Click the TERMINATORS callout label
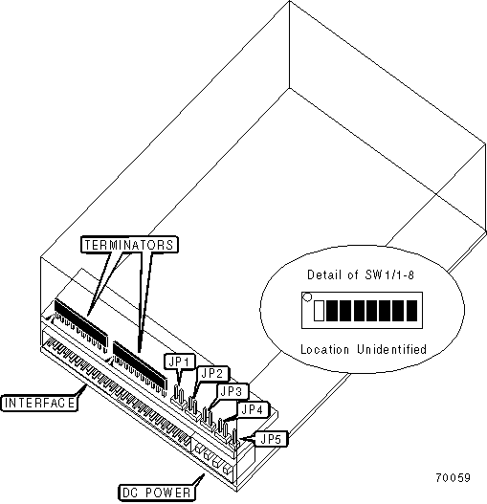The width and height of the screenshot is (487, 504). pos(129,245)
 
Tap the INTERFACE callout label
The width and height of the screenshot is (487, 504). pos(39,403)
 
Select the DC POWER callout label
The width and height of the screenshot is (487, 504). pos(157,493)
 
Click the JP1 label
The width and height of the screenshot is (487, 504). pos(180,362)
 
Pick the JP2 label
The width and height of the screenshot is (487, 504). pos(212,374)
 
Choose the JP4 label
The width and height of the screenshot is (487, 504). pos(253,409)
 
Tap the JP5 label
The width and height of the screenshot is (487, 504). pos(271,439)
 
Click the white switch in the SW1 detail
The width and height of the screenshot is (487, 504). pos(319,311)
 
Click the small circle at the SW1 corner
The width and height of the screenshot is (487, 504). pos(307,297)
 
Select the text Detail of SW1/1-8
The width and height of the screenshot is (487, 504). pos(361,274)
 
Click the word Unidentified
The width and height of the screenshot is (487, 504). pos(391,349)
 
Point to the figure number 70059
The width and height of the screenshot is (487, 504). pos(453,477)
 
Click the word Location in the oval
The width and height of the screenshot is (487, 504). pos(324,349)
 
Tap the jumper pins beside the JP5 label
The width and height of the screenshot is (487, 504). pos(234,438)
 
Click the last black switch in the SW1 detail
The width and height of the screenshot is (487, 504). pos(411,311)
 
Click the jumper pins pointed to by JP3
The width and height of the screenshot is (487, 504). pos(208,418)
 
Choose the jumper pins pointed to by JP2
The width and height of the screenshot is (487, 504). pos(193,407)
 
